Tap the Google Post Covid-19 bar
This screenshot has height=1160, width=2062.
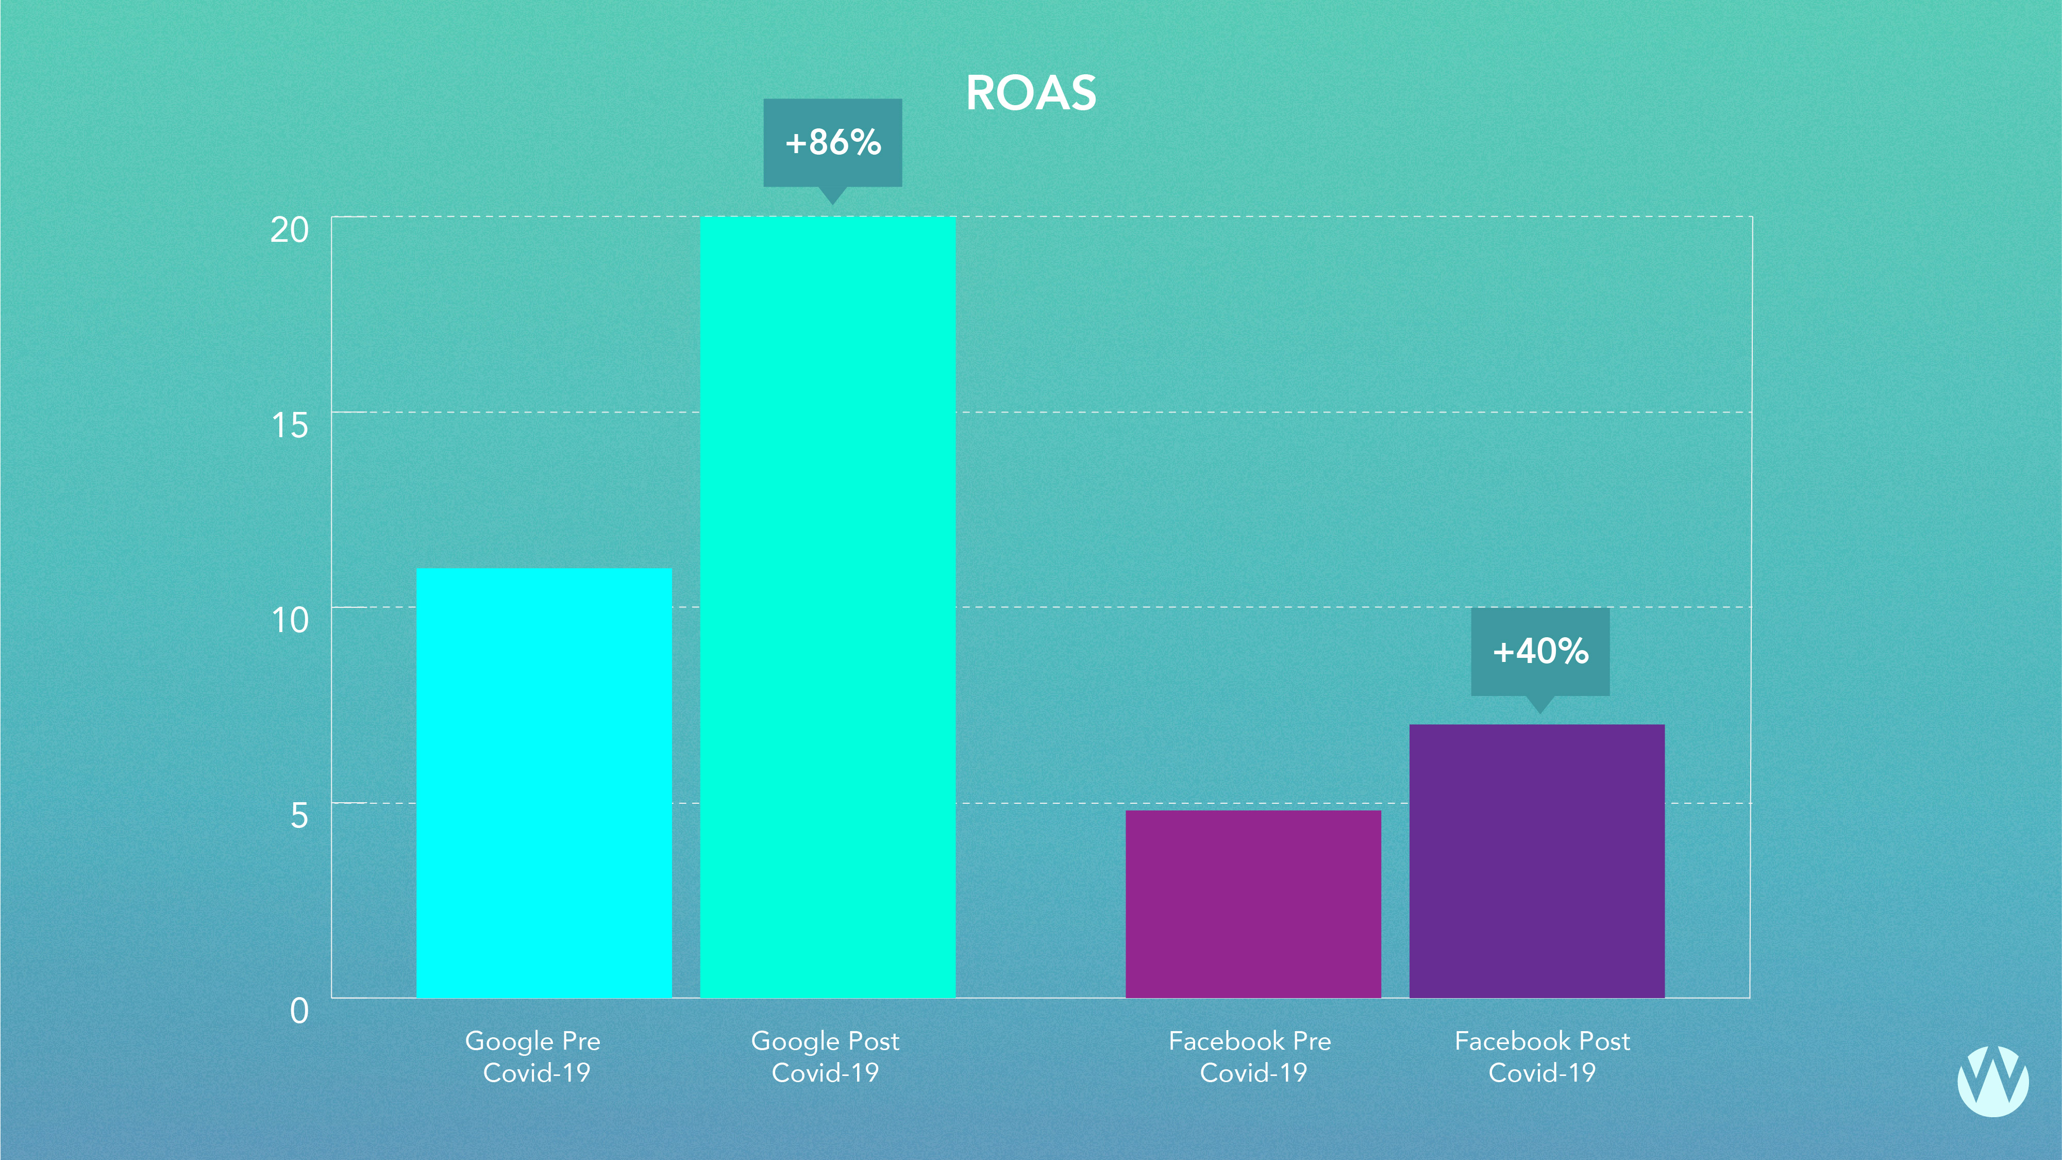click(828, 607)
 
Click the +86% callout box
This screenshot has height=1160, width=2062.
click(832, 142)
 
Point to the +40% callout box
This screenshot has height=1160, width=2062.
click(1540, 651)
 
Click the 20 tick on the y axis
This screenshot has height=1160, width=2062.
click(289, 230)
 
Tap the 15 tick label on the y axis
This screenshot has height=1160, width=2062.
click(289, 425)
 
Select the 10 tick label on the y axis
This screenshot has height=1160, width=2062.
click(289, 620)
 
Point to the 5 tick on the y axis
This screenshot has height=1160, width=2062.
click(298, 816)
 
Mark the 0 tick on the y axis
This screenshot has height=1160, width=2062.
click(298, 1011)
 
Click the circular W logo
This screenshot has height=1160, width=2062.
click(1992, 1080)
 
